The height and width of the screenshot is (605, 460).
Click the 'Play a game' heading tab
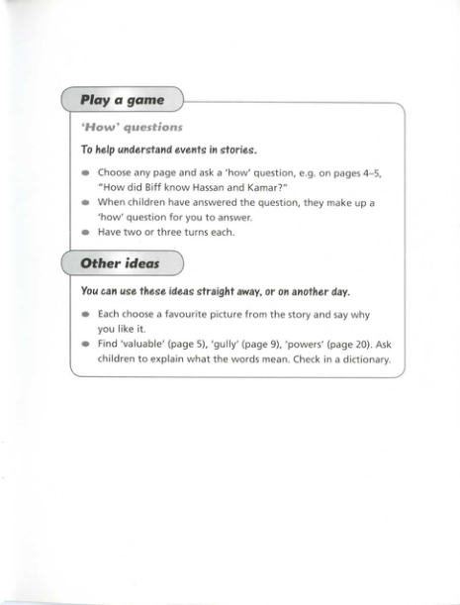point(123,100)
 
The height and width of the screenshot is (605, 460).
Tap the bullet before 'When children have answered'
point(86,201)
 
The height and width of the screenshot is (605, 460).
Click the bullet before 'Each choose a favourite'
point(86,316)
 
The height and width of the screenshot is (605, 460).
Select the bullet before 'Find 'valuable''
point(86,345)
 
